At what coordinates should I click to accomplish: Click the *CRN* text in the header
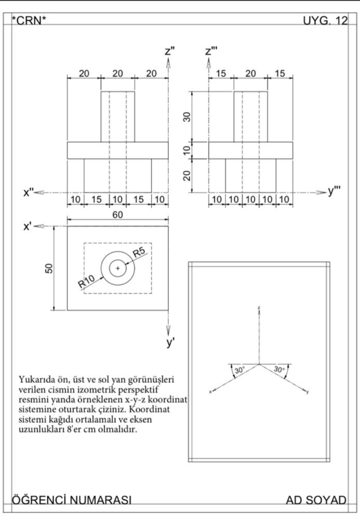pos(29,20)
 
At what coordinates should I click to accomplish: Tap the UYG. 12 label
pos(325,20)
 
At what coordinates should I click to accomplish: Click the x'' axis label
pos(28,192)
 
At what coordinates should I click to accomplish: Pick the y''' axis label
pos(334,192)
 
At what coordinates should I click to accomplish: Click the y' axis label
pos(170,342)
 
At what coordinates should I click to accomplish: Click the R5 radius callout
pos(139,254)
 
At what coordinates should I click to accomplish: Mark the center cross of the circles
pos(118,268)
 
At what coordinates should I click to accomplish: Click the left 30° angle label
pos(239,370)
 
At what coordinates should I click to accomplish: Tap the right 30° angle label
pos(279,370)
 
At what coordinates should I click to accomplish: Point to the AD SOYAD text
pos(316,500)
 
